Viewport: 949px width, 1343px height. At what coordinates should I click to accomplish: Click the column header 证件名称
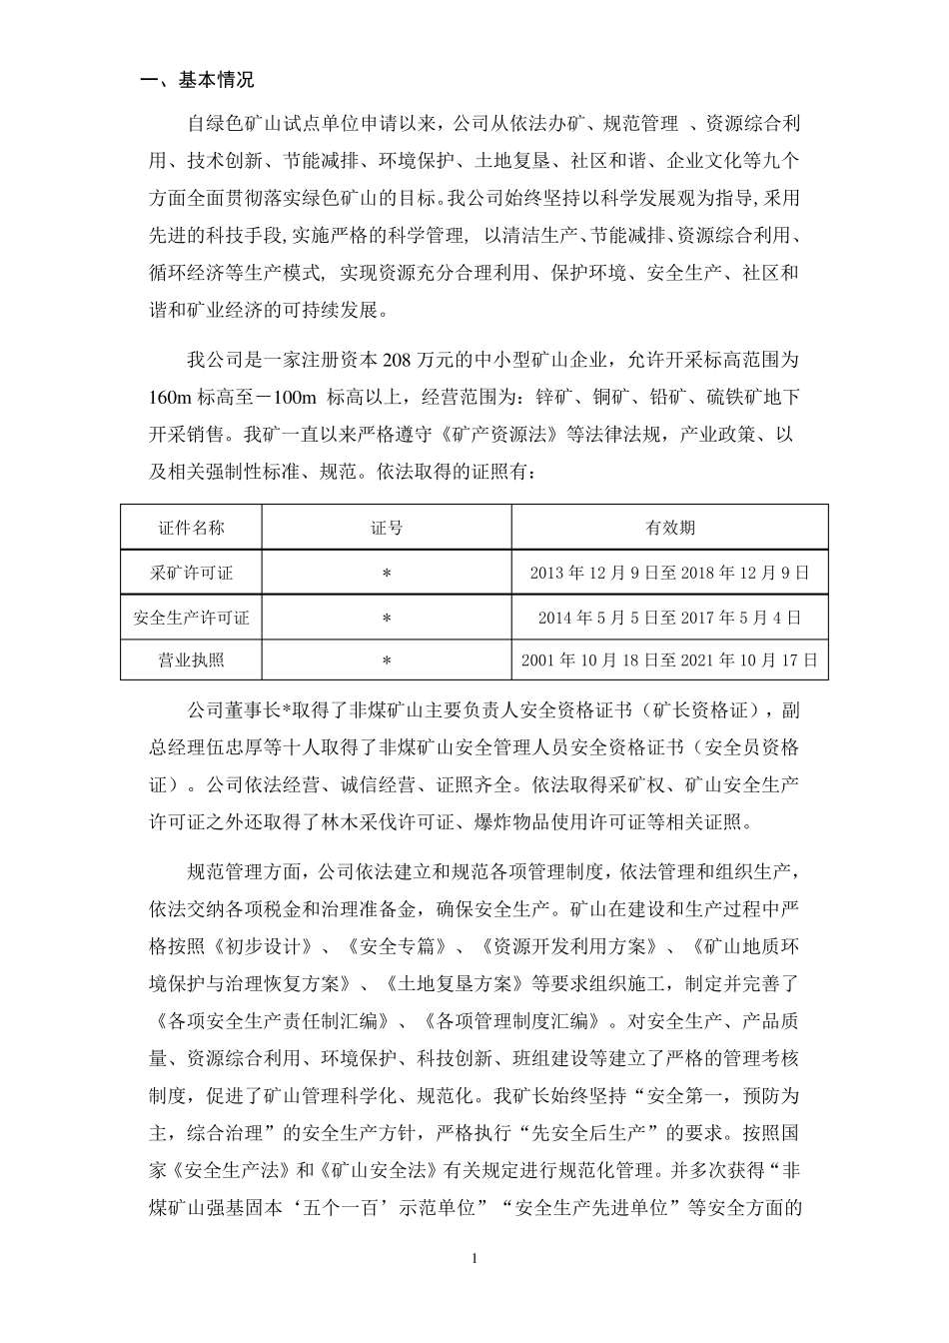click(191, 527)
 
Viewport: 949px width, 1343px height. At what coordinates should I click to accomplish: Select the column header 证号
click(387, 527)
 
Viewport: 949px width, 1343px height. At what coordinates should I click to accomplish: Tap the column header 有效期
click(669, 527)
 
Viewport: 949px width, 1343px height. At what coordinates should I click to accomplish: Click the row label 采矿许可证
click(191, 573)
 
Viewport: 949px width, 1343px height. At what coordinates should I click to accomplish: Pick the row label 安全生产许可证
click(191, 618)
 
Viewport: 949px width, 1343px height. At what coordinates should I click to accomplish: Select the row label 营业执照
click(191, 660)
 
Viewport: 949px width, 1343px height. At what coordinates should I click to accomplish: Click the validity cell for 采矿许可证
click(669, 573)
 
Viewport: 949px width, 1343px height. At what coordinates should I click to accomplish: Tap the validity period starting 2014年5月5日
click(669, 618)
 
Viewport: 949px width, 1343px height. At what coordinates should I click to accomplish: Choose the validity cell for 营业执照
click(669, 660)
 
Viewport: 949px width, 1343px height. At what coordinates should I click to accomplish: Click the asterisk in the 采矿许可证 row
click(387, 574)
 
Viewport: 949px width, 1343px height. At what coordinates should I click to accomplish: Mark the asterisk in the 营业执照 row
click(387, 661)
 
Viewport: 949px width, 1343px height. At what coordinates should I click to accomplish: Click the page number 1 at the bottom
click(474, 1257)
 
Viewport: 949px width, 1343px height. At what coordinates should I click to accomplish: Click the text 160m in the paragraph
click(170, 398)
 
